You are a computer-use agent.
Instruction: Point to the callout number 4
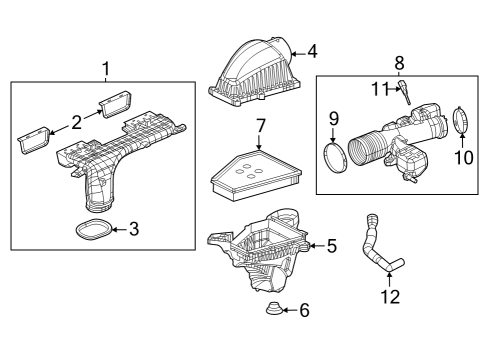pos(312,50)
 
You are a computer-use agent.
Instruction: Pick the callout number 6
pos(304,311)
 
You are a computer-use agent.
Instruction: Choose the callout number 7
pos(259,128)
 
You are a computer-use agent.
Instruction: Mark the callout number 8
pos(399,62)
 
